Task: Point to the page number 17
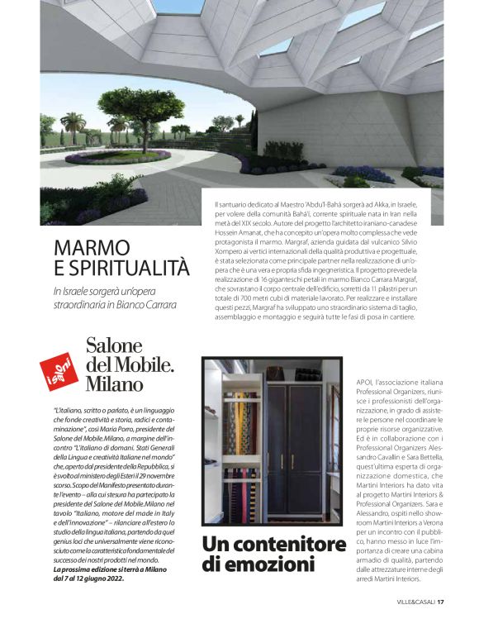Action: (x=442, y=601)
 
